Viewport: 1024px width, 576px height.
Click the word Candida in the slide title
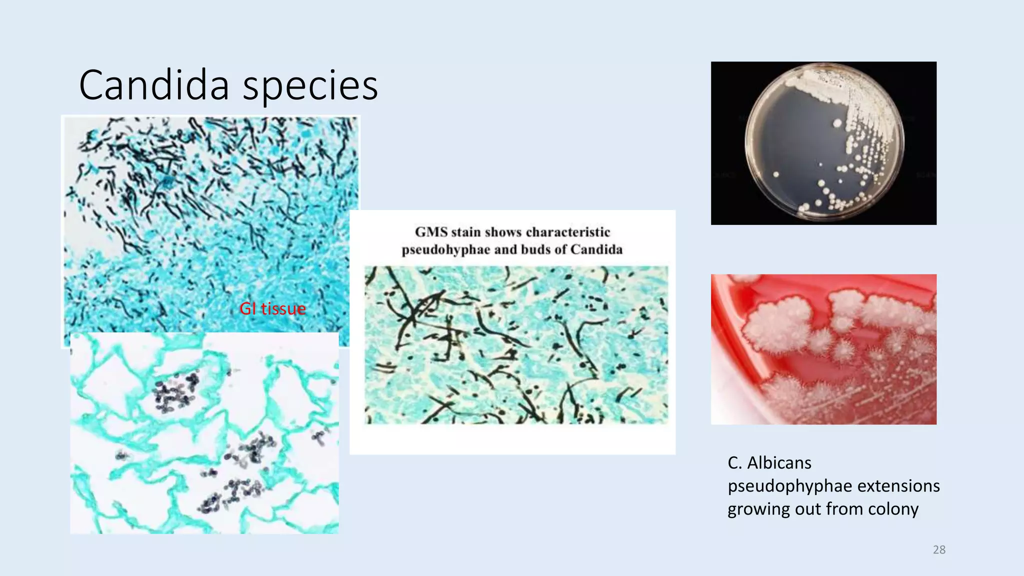(154, 85)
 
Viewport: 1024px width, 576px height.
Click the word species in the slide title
(310, 86)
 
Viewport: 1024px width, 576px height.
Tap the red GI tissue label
(272, 309)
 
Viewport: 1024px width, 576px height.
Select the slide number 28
(939, 549)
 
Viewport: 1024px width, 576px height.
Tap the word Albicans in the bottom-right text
(779, 463)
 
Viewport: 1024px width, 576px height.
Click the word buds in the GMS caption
(539, 249)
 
